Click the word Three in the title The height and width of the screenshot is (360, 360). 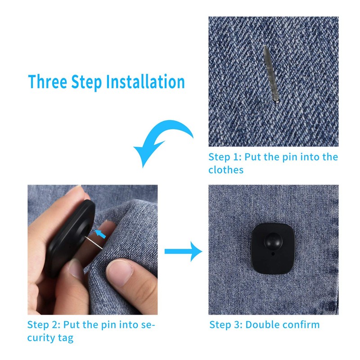pyautogui.click(x=48, y=81)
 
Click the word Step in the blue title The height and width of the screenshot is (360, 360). pyautogui.click(x=86, y=83)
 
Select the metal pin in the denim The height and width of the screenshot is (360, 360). pyautogui.click(x=271, y=73)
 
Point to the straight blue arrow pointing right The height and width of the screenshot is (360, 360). pyautogui.click(x=184, y=252)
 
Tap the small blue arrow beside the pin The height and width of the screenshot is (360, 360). pyautogui.click(x=100, y=234)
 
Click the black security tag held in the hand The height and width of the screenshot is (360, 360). pyautogui.click(x=69, y=239)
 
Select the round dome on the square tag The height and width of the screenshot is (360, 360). pyautogui.click(x=273, y=242)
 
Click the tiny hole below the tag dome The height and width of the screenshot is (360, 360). pyautogui.click(x=273, y=254)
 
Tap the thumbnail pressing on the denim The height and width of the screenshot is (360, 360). pyautogui.click(x=120, y=273)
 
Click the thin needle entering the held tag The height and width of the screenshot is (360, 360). pyautogui.click(x=94, y=243)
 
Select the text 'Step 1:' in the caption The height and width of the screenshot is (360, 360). pyautogui.click(x=225, y=157)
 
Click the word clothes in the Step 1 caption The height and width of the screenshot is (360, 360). pyautogui.click(x=226, y=170)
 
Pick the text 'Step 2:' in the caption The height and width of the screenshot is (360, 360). pyautogui.click(x=44, y=325)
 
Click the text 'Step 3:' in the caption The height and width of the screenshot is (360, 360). pyautogui.click(x=226, y=325)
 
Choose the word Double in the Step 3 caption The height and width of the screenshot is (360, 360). pyautogui.click(x=262, y=325)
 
